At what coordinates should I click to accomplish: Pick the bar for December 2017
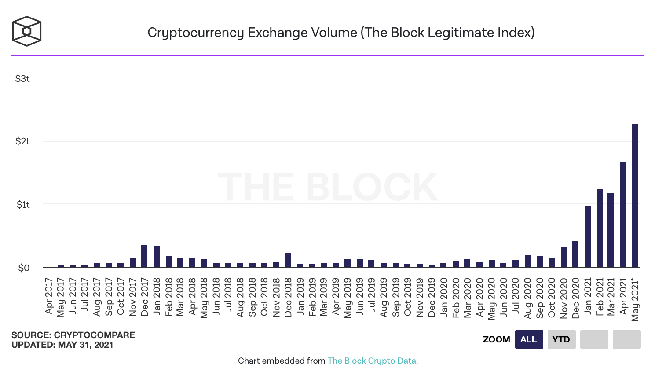click(144, 256)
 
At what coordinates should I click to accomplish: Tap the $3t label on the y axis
click(22, 79)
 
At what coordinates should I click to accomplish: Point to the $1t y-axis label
click(23, 204)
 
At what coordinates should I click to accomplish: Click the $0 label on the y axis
click(24, 268)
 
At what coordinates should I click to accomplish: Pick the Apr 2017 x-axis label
click(49, 296)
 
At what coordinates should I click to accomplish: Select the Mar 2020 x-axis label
click(467, 298)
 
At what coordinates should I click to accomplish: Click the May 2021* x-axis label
click(635, 299)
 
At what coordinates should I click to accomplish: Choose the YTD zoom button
click(561, 339)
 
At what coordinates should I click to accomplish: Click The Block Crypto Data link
click(372, 361)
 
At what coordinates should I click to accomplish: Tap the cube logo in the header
click(27, 31)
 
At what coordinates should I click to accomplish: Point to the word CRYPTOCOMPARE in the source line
click(94, 335)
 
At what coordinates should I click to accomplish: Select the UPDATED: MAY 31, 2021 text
click(62, 345)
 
